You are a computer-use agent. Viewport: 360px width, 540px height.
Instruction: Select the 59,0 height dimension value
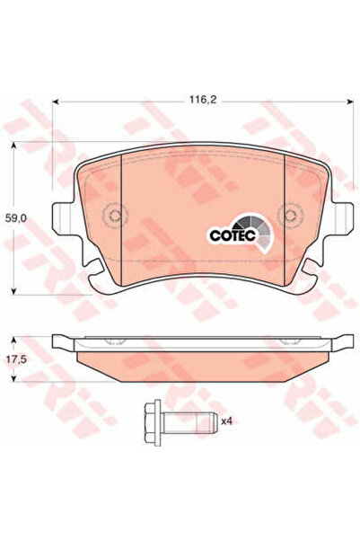coord(16,217)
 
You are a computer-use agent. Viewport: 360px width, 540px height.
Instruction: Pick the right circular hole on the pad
coord(290,217)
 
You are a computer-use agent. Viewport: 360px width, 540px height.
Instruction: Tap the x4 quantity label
coord(228,420)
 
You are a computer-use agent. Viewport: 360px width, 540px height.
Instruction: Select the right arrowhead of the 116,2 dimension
coord(345,100)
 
